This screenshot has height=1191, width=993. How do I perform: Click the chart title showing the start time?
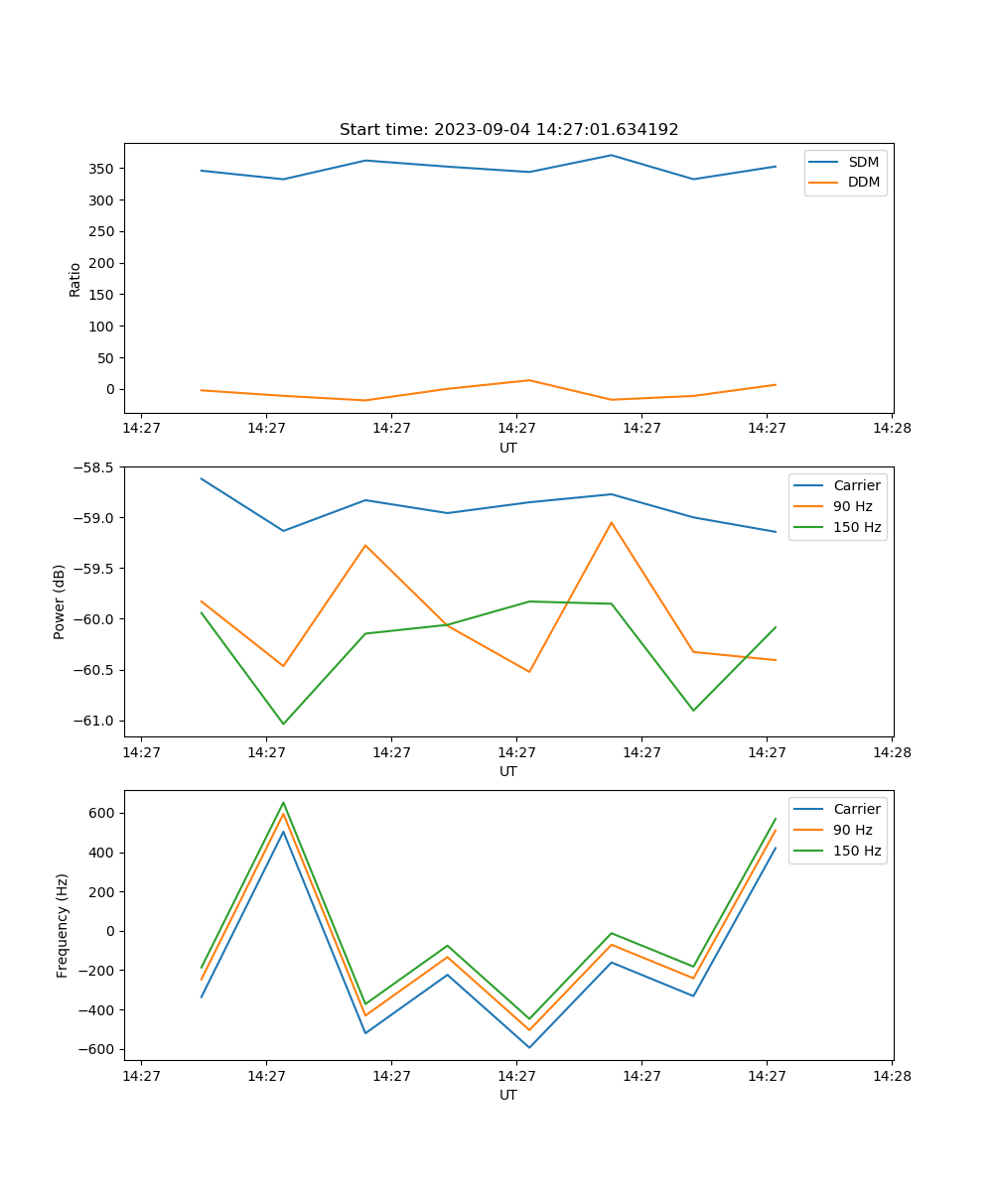508,130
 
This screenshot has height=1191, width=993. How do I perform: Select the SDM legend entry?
862,162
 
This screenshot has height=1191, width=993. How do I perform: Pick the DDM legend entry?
862,183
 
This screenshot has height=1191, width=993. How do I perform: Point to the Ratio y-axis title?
75,279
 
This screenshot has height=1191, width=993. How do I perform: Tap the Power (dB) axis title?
61,601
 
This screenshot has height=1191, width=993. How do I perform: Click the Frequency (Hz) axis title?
63,925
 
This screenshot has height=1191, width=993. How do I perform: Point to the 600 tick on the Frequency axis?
102,813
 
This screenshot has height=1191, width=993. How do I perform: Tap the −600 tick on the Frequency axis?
98,1049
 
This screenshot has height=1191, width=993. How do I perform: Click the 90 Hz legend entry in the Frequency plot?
852,830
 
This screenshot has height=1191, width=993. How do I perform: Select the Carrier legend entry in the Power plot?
856,485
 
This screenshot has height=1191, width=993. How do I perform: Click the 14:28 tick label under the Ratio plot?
891,429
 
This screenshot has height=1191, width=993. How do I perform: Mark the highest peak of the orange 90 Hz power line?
611,522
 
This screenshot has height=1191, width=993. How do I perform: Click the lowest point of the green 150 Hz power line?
283,724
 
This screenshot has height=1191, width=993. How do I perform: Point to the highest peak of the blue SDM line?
611,155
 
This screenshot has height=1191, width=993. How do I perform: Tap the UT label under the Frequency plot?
508,1095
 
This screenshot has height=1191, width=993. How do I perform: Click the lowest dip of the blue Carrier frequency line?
529,1047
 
